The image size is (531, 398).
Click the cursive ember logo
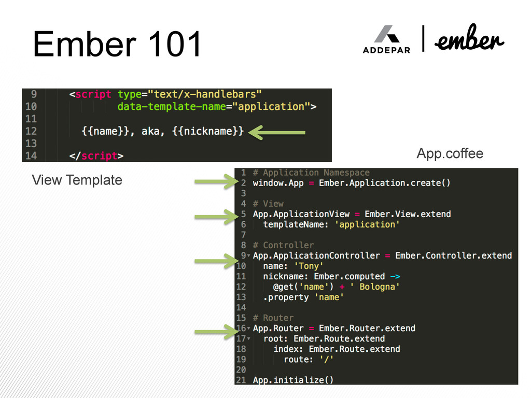pyautogui.click(x=469, y=40)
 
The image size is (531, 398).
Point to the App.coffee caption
pyautogui.click(x=450, y=153)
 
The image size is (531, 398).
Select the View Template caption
pyautogui.click(x=77, y=180)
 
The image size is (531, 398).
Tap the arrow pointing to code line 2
pyautogui.click(x=216, y=181)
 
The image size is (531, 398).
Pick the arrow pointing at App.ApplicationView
pyautogui.click(x=216, y=216)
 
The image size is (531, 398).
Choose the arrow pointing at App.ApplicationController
pyautogui.click(x=216, y=261)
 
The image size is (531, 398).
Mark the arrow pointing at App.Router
pyautogui.click(x=216, y=331)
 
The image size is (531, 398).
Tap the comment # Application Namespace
pyautogui.click(x=311, y=173)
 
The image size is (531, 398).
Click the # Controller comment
pyautogui.click(x=283, y=245)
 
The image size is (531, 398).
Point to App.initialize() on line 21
pyautogui.click(x=293, y=380)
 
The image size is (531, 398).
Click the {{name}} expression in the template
pyautogui.click(x=107, y=131)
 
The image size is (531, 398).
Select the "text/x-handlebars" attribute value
pyautogui.click(x=203, y=94)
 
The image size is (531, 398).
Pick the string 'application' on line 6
pyautogui.click(x=367, y=224)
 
